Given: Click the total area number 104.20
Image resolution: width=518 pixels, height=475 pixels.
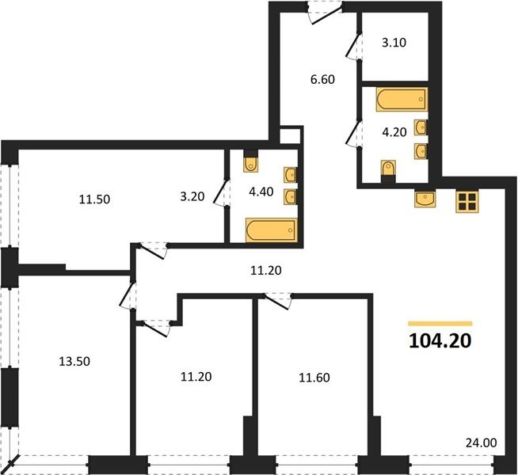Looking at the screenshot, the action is point(440,341).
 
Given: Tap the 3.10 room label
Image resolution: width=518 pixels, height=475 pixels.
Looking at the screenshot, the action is point(394,43).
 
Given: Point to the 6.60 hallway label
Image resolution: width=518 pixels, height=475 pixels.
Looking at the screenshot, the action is point(322,79).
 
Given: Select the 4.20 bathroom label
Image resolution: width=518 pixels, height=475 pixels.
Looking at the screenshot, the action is point(394,132).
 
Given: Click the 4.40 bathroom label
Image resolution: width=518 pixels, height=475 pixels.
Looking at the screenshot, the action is point(261,192).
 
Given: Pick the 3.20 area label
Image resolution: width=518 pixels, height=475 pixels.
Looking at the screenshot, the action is point(192,196).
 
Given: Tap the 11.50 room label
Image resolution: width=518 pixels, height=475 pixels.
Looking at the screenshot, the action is point(94,199).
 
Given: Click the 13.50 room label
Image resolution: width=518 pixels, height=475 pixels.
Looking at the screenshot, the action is point(74,362).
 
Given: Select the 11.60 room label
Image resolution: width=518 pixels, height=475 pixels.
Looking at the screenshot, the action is point(314,378).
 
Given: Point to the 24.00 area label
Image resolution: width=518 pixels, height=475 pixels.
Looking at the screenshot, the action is point(481,443).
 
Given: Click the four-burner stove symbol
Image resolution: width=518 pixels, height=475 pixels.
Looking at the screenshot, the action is point(467,202).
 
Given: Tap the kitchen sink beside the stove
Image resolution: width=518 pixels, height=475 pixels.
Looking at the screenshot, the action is point(425,199).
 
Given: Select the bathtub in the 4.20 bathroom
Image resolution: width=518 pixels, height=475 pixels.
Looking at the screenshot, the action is point(402,99).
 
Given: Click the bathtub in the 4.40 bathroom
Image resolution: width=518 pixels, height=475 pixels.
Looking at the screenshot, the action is point(271,230).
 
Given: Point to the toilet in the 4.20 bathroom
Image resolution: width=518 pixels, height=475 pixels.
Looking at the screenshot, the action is point(388,171).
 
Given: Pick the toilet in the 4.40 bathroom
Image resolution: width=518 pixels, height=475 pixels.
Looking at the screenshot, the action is point(251,161).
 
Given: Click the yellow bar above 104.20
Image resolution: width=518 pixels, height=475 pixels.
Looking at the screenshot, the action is point(440,324).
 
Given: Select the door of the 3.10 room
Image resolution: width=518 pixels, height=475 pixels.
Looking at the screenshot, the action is point(353,47).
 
